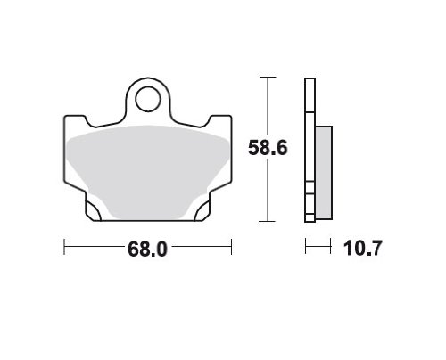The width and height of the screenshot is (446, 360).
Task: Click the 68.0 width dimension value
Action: tap(147, 249)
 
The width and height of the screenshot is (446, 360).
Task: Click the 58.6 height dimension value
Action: tap(268, 148)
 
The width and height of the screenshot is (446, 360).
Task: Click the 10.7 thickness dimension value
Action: tap(362, 249)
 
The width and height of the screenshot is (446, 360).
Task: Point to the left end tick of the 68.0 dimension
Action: tap(64, 246)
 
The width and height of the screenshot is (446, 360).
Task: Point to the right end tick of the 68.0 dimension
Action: tap(231, 246)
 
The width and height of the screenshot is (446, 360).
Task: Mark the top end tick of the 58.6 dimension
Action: tap(268, 78)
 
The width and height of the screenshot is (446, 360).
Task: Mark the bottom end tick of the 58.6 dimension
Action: tap(268, 221)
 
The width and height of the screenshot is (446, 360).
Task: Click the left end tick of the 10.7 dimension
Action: tap(306, 246)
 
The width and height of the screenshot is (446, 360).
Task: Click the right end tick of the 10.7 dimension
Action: tap(331, 246)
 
